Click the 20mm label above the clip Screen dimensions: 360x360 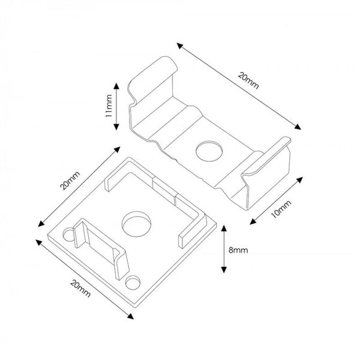[248, 80]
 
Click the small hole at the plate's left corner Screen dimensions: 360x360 [67, 235]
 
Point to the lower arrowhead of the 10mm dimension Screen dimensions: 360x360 [251, 222]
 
